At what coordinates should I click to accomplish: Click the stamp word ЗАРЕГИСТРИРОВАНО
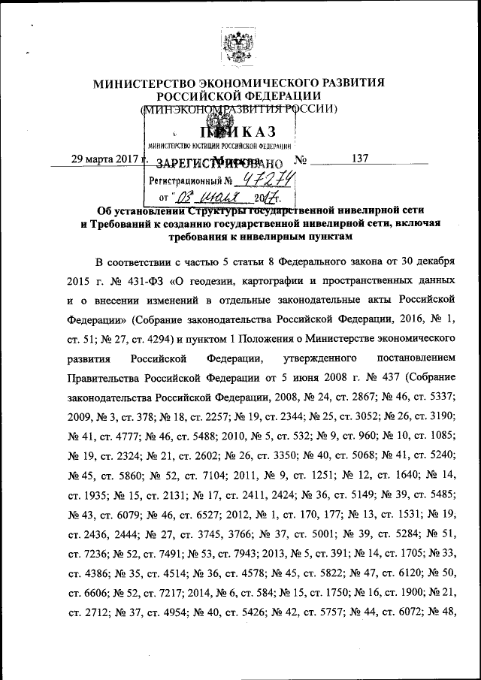pos(218,163)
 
